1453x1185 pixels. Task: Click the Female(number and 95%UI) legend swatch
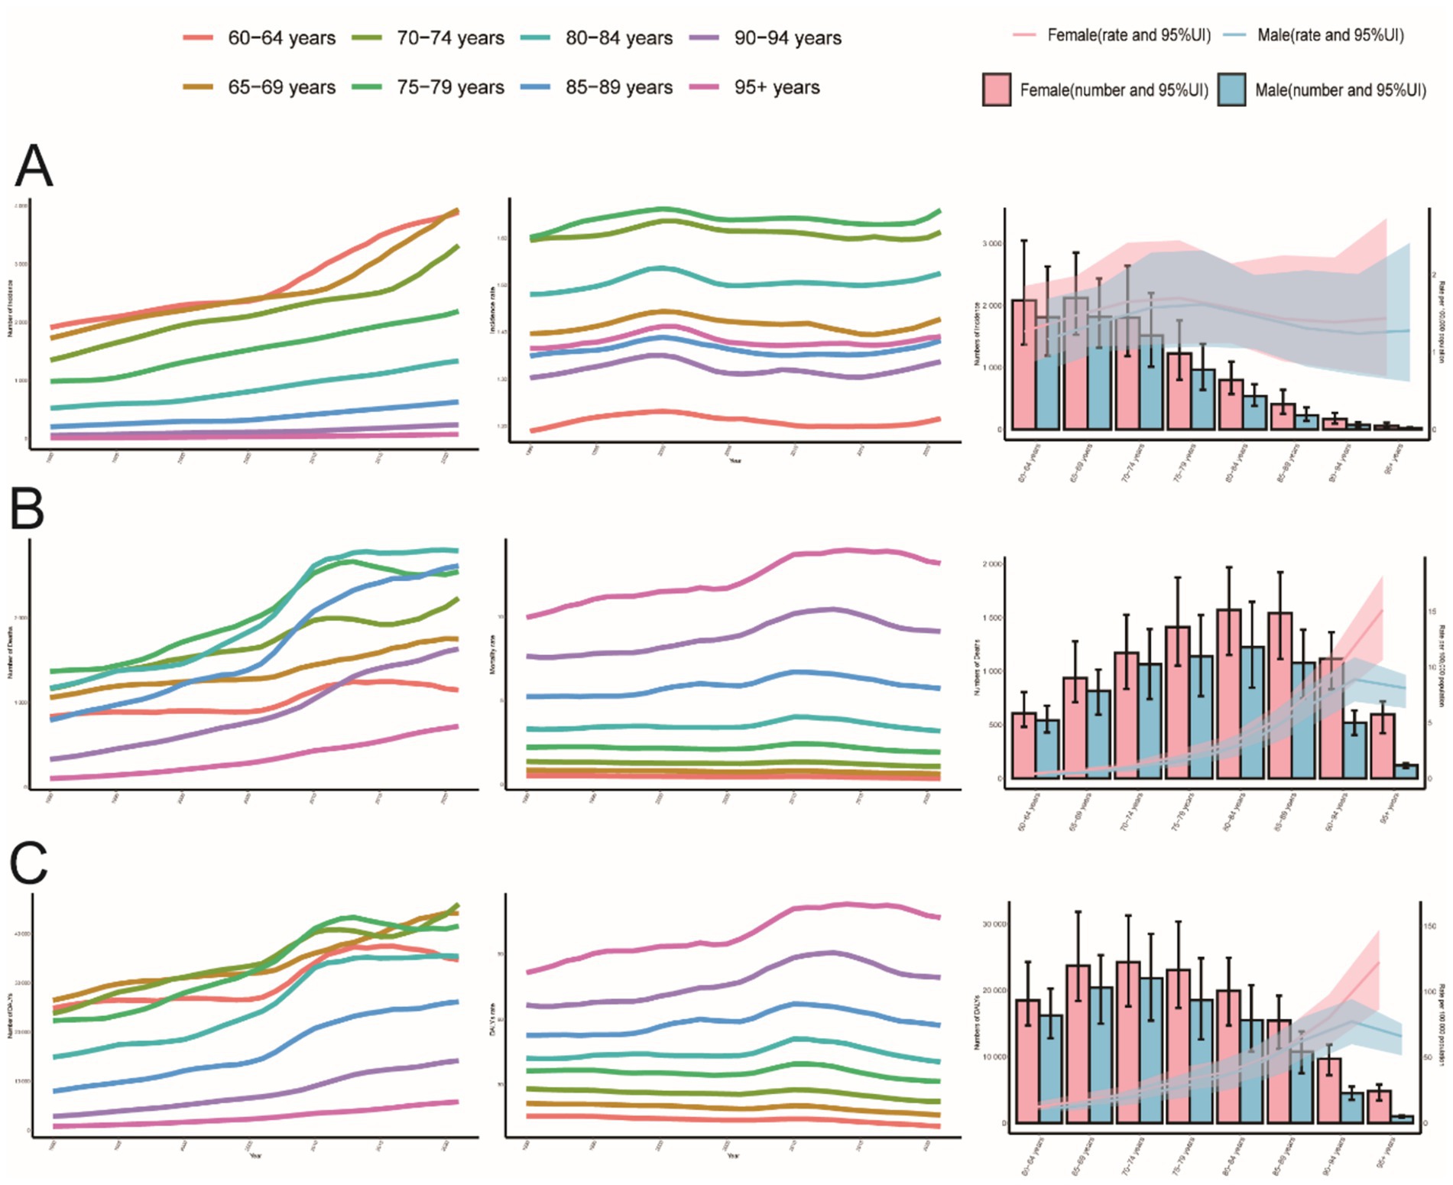(x=996, y=89)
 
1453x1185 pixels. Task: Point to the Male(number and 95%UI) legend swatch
(x=1231, y=89)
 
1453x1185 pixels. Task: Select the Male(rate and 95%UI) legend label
(x=1330, y=35)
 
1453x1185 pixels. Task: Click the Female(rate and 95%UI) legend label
(x=1128, y=35)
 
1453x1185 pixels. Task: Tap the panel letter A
(x=34, y=166)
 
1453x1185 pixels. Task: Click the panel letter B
(x=28, y=508)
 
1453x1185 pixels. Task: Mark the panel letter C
(x=29, y=863)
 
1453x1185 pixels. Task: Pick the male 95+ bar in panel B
(x=1406, y=771)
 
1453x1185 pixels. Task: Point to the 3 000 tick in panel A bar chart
(x=992, y=244)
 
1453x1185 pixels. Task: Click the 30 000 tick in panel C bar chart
(x=994, y=924)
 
